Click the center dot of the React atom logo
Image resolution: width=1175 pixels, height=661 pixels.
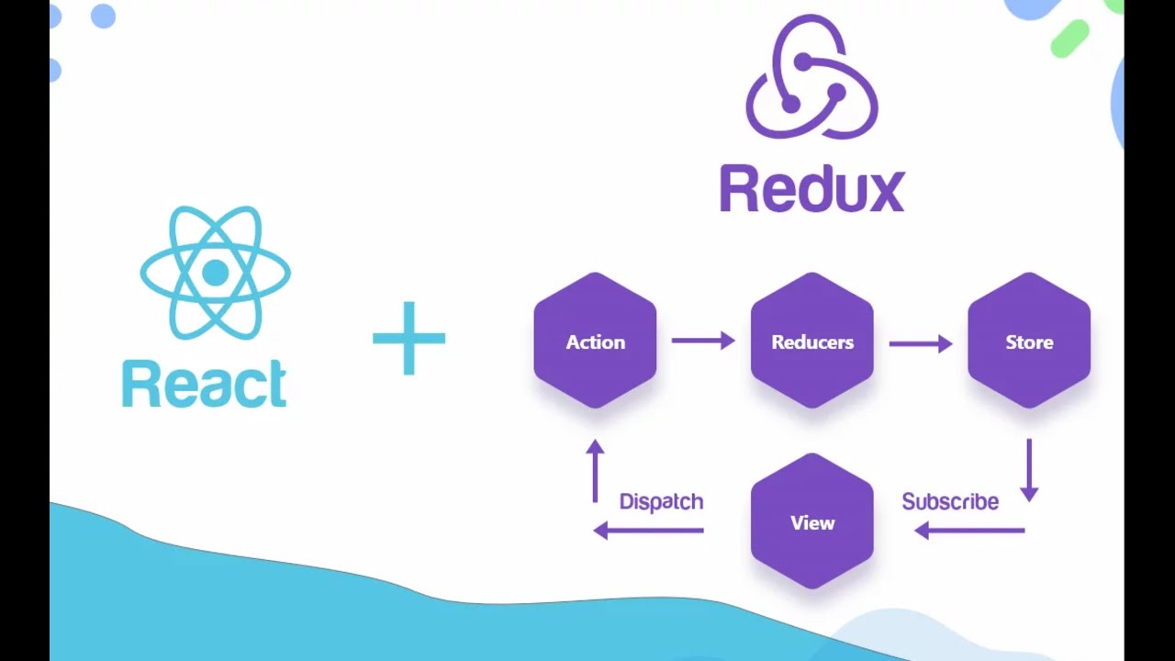(x=215, y=273)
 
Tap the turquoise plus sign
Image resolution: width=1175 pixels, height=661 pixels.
(x=408, y=339)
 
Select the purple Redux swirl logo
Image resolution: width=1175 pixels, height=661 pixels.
(x=811, y=79)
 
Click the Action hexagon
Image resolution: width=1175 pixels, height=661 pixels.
(x=595, y=341)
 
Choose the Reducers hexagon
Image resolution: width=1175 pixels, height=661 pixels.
(x=811, y=341)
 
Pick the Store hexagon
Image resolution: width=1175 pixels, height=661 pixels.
(x=1028, y=341)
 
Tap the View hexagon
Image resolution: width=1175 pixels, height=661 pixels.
(x=811, y=521)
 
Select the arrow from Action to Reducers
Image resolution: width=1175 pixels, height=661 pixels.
(x=703, y=341)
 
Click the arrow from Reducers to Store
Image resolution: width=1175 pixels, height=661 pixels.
(x=920, y=342)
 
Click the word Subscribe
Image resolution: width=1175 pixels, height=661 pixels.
(x=949, y=501)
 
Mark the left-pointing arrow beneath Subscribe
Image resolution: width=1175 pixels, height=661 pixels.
(x=969, y=530)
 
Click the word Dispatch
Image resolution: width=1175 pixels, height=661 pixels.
(x=661, y=501)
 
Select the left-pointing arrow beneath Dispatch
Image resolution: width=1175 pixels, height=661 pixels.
(x=648, y=530)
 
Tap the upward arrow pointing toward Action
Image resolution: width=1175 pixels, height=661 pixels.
(x=595, y=470)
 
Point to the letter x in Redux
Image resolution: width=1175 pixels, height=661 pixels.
(x=885, y=192)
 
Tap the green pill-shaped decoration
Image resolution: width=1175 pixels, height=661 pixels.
(x=1069, y=39)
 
